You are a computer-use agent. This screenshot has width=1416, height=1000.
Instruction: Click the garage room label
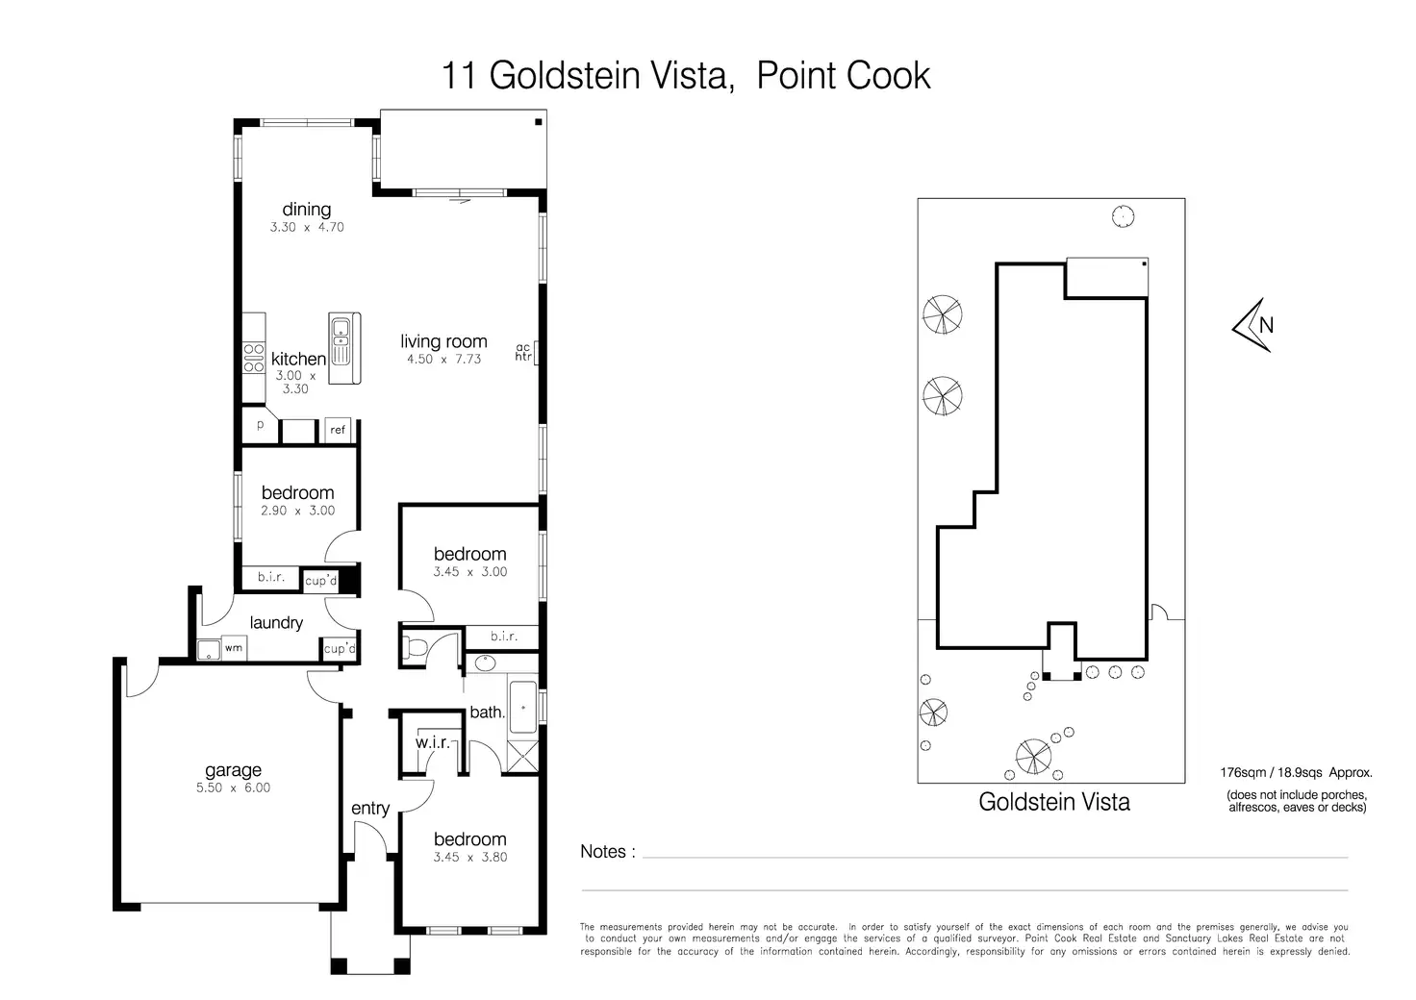pos(233,770)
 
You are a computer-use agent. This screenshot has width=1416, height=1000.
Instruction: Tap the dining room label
pos(306,210)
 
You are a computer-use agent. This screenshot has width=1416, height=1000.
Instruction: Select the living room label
pos(443,341)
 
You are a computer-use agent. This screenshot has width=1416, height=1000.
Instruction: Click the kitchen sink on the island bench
pos(341,333)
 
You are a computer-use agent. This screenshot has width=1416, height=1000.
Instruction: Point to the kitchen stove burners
pos(254,358)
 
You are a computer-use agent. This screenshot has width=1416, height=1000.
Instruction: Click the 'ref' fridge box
pos(338,430)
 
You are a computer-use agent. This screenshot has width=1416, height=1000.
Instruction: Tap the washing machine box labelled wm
pos(233,649)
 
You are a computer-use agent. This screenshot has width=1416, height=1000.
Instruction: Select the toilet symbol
pos(415,646)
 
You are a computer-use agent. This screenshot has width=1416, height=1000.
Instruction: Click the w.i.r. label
pos(432,743)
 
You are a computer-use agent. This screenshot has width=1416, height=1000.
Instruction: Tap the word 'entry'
pos(370,809)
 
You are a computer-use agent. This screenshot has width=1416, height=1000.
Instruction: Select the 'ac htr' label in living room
pos(523,352)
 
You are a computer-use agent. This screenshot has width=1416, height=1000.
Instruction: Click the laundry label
pos(276,623)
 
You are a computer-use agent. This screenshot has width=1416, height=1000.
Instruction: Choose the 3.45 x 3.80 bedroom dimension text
pos(469,857)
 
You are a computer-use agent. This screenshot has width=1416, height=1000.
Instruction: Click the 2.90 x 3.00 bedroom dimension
pos(297,511)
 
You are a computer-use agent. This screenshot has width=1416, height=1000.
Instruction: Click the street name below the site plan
pos(1053,802)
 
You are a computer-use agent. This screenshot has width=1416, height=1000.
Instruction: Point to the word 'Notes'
pos(603,852)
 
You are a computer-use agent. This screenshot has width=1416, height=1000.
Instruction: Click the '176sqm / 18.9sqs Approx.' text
pos(1296,772)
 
